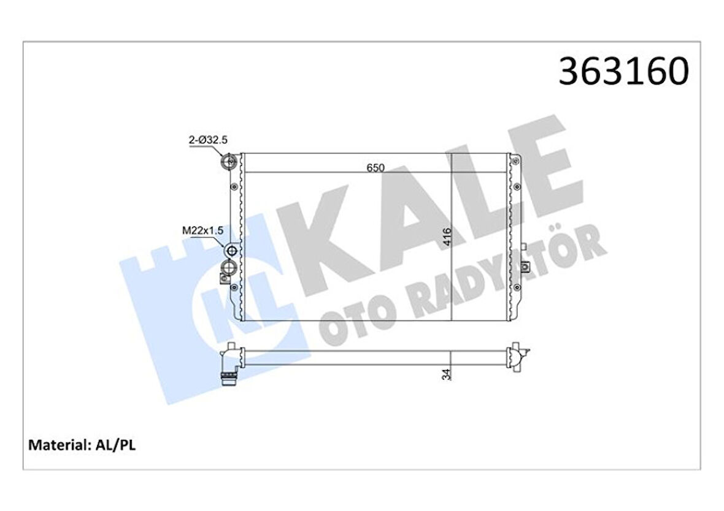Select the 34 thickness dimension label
pos(446,373)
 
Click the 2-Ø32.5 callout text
pos(207,140)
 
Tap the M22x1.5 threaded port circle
pos(232,250)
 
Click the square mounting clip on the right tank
pos(526,267)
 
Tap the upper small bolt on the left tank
pos(234,187)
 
